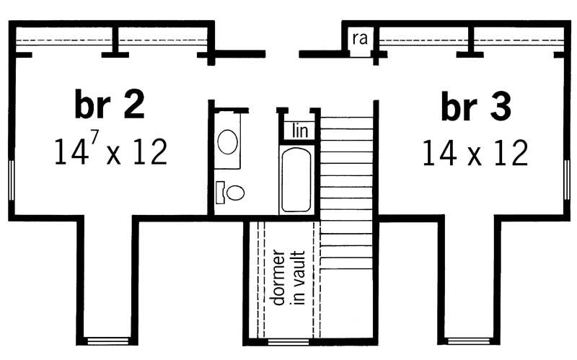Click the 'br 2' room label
click(110, 105)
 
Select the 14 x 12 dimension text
click(475, 152)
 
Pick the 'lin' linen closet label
click(300, 131)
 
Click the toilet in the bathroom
click(231, 192)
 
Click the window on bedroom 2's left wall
click(12, 178)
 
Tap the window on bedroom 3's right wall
click(566, 178)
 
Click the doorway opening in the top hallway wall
click(282, 53)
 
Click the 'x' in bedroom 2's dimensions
click(113, 154)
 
